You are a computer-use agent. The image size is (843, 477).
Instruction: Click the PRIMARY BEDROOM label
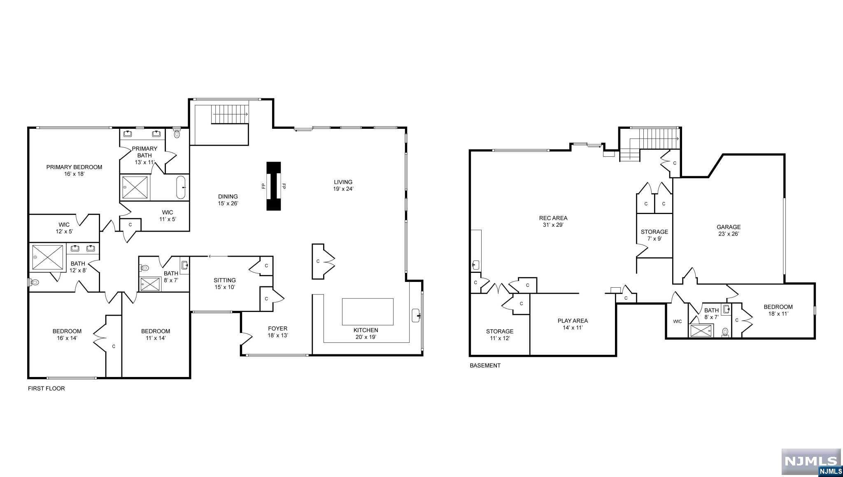coord(74,167)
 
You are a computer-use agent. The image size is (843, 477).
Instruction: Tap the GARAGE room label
coord(728,227)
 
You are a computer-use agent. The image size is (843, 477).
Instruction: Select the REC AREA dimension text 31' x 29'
coord(553,225)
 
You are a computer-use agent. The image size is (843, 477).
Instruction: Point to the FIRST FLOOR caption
coord(46,389)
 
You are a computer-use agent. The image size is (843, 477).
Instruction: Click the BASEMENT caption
coord(485,365)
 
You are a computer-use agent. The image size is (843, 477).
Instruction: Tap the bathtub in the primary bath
coord(182,188)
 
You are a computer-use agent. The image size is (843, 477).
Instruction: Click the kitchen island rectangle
coord(368,312)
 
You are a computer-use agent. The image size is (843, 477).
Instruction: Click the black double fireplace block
coord(273,186)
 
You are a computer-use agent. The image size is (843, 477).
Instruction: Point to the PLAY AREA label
coord(573,321)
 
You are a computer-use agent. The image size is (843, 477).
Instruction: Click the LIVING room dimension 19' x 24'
coord(343,189)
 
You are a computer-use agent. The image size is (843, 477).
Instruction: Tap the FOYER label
coord(277,328)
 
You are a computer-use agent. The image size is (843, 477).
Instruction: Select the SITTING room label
coord(224,280)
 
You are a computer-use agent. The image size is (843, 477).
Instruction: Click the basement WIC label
coord(677,321)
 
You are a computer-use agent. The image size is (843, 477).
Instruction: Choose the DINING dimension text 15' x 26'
coord(228,203)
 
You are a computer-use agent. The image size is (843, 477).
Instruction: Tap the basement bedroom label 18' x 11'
coord(778,313)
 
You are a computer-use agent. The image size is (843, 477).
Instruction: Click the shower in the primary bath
coord(135,188)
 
